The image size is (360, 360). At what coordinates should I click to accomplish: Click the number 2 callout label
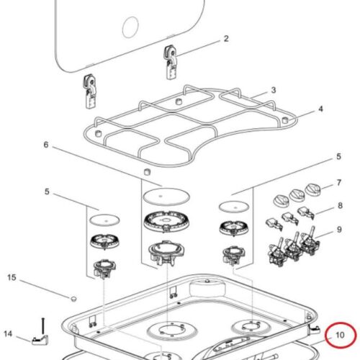coord(225,39)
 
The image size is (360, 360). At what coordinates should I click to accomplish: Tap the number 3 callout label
coord(274,91)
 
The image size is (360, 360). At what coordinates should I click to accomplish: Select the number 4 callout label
coord(320,109)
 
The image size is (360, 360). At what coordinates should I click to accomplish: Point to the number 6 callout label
coord(46,145)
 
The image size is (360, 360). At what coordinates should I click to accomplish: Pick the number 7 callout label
coord(338,184)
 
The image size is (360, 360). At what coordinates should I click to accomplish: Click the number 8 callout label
coord(338,207)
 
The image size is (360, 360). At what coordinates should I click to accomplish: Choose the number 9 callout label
coord(338,231)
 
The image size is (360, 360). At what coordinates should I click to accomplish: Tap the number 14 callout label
coord(9,334)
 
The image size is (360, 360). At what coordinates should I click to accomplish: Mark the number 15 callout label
coord(11,277)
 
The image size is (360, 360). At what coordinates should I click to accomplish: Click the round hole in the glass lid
coord(130,28)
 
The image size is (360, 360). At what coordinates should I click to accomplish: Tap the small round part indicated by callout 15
coord(74,297)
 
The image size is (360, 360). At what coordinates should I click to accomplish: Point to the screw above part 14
coord(43,320)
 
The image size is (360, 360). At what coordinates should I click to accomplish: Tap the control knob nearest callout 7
coord(314,189)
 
